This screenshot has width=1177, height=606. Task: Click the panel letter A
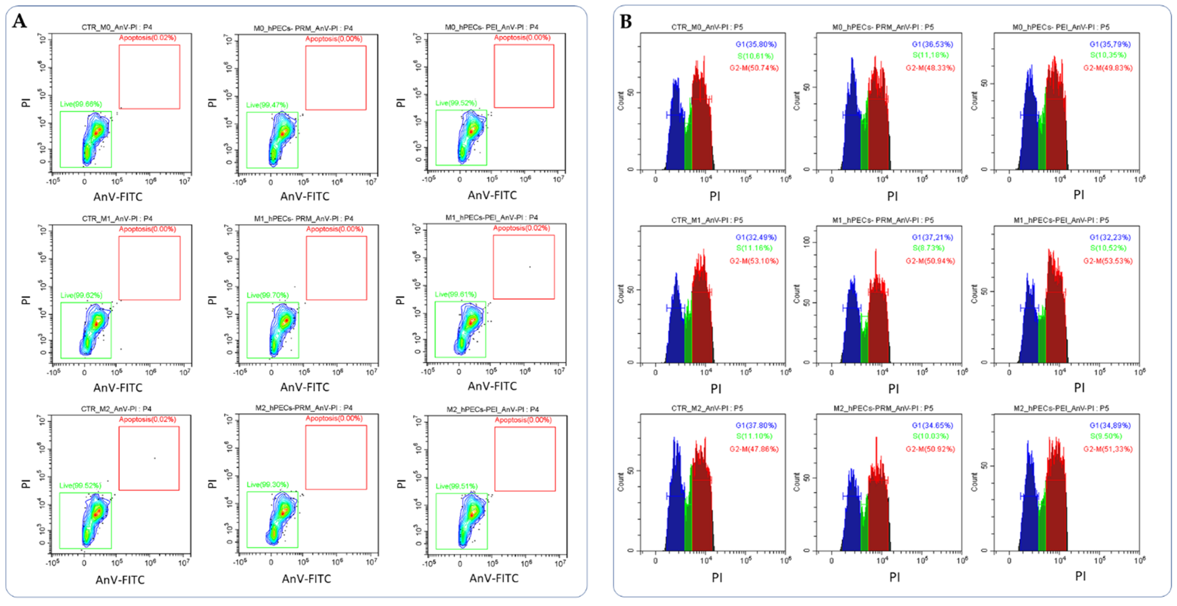[x=19, y=21]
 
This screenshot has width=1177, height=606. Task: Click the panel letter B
[x=626, y=21]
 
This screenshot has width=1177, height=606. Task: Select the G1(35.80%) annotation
[x=756, y=44]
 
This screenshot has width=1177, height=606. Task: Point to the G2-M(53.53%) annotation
[x=1108, y=261]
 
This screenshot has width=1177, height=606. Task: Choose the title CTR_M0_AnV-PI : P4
[x=117, y=28]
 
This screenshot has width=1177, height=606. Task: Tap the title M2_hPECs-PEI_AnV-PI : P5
[x=1061, y=408]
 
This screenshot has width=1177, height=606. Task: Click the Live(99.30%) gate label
[x=268, y=484]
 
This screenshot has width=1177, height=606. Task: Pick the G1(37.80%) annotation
[x=756, y=426]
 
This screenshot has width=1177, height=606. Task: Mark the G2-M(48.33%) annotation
[x=930, y=68]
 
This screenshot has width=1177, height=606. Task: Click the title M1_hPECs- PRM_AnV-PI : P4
[x=303, y=218]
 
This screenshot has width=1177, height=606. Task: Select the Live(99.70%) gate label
[x=268, y=295]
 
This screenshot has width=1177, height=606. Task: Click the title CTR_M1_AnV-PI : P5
[x=707, y=220]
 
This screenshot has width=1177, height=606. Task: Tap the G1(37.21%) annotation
[x=932, y=237]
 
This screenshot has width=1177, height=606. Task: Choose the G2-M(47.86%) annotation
[x=754, y=449]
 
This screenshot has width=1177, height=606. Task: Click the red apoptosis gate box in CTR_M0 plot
[x=149, y=77]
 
